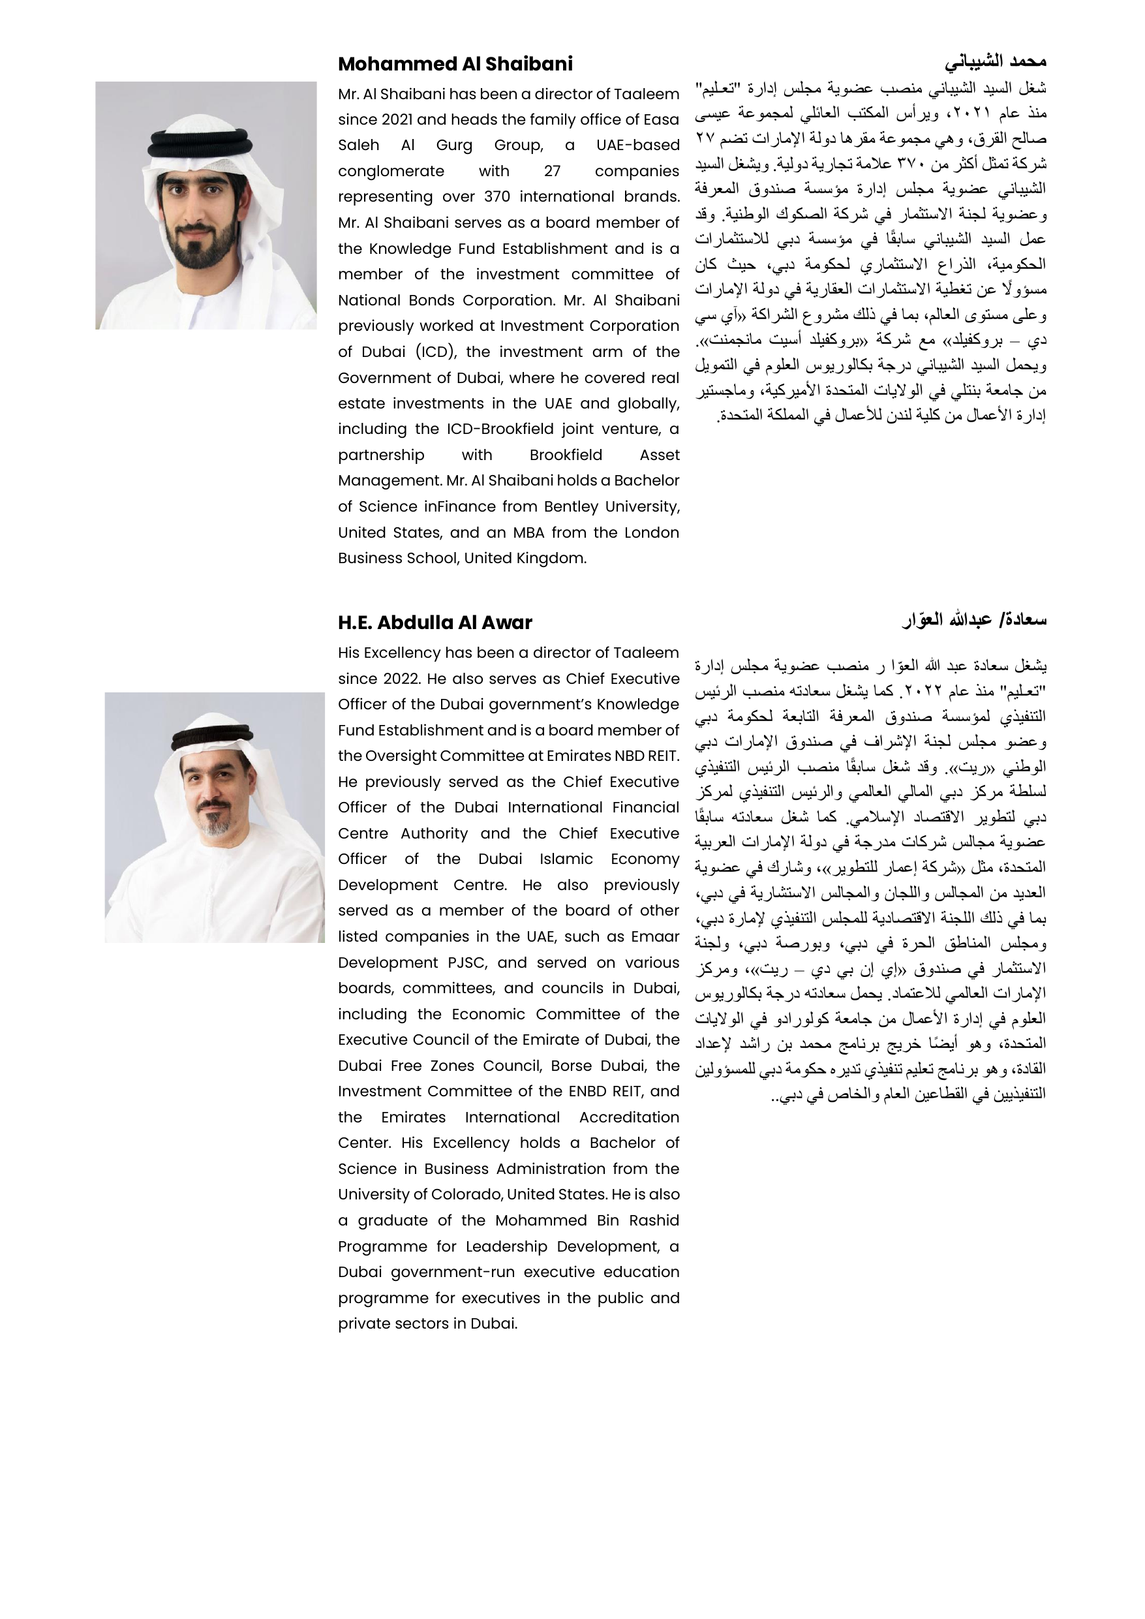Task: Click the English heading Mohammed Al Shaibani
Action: [455, 64]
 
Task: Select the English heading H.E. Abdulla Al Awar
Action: [435, 623]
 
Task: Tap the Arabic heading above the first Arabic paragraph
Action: [996, 62]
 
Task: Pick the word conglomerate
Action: [391, 172]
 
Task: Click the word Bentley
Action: [572, 507]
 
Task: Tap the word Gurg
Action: [454, 146]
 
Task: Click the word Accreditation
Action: [629, 1117]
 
